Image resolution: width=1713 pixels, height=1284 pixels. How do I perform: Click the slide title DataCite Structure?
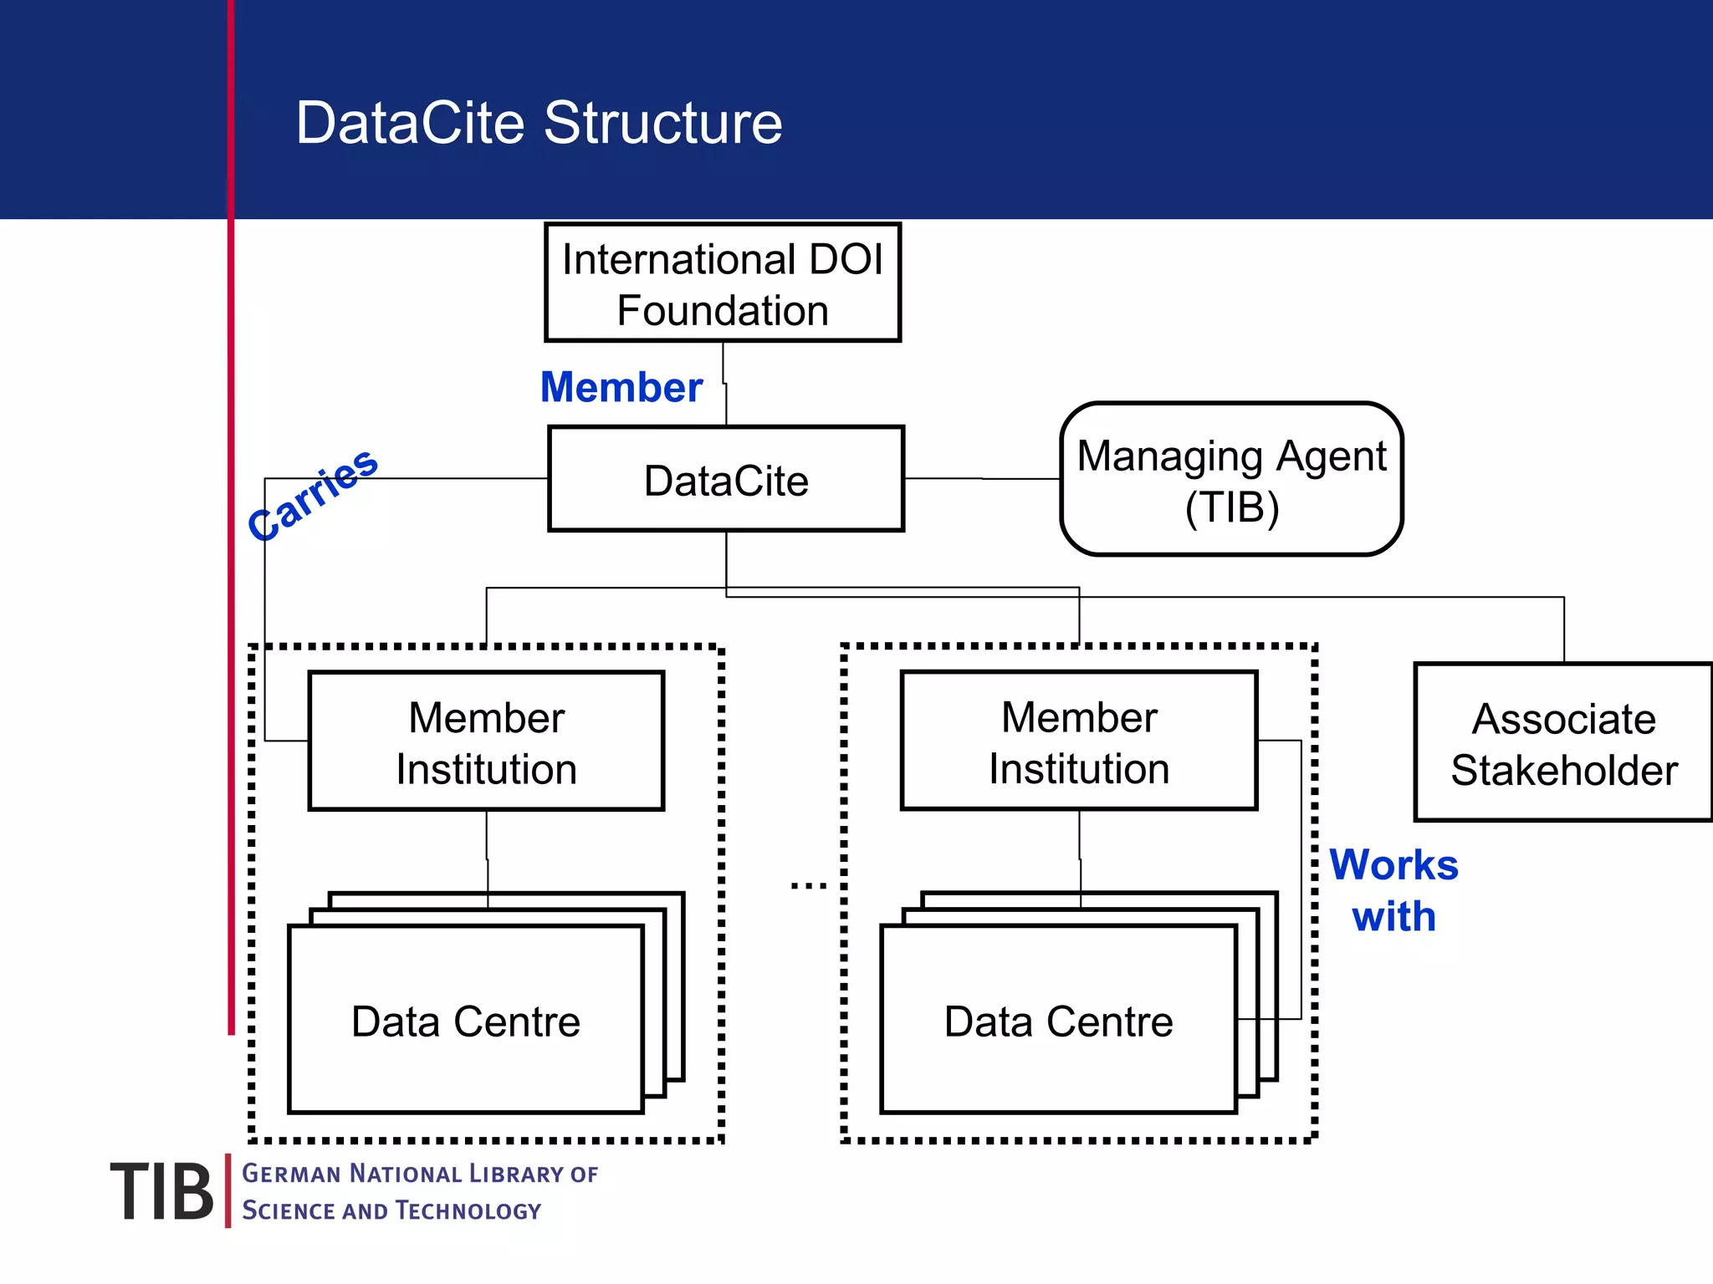pyautogui.click(x=539, y=123)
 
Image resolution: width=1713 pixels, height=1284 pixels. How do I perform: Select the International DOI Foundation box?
pyautogui.click(x=723, y=283)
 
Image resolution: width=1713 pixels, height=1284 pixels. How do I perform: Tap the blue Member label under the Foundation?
pyautogui.click(x=621, y=387)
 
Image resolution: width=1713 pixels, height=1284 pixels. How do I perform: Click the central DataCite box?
pyautogui.click(x=726, y=480)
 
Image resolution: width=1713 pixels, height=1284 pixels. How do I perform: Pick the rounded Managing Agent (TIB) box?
pyautogui.click(x=1231, y=480)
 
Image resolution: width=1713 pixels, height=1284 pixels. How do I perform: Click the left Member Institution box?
pyautogui.click(x=486, y=741)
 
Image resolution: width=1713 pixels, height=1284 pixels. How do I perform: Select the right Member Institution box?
pyautogui.click(x=1079, y=741)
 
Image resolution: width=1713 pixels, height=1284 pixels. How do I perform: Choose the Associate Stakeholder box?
pyautogui.click(x=1563, y=743)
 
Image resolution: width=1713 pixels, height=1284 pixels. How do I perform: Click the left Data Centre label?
pyautogui.click(x=465, y=1022)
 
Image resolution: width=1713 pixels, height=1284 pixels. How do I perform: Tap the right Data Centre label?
pyautogui.click(x=1058, y=1022)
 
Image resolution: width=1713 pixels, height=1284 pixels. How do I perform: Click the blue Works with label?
pyautogui.click(x=1393, y=890)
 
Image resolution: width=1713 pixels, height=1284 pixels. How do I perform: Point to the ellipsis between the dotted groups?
pyautogui.click(x=808, y=885)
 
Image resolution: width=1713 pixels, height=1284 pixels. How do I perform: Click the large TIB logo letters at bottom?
pyautogui.click(x=161, y=1192)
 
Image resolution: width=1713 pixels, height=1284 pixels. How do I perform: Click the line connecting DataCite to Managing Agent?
pyautogui.click(x=983, y=479)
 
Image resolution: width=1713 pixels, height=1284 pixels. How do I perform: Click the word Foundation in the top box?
pyautogui.click(x=723, y=311)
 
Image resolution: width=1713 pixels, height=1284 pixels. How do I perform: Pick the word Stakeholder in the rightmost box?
pyautogui.click(x=1564, y=770)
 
